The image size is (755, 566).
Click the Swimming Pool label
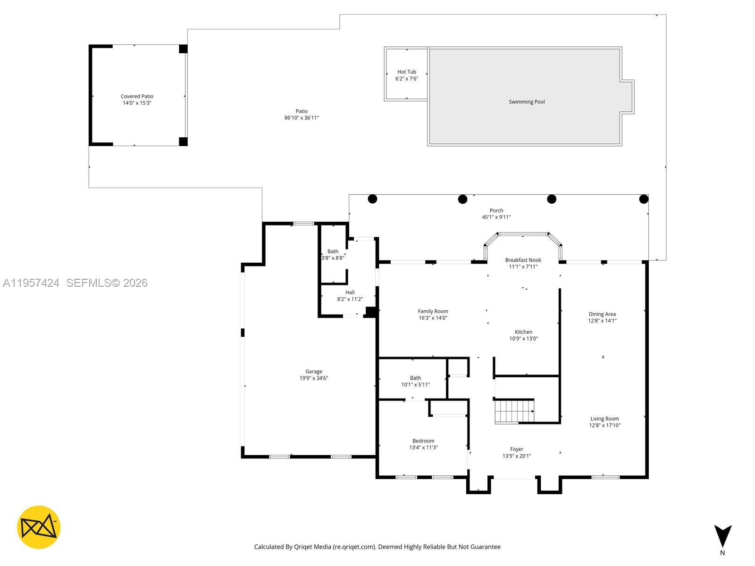[527, 102]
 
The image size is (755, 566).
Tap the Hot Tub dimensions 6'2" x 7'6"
[407, 79]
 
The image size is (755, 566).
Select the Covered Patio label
[137, 96]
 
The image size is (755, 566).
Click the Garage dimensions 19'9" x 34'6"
[314, 378]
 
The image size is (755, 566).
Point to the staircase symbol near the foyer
[514, 411]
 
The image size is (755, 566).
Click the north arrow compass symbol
[722, 537]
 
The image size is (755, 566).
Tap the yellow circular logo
[39, 527]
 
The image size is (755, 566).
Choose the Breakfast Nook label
[523, 260]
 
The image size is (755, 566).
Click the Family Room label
[433, 311]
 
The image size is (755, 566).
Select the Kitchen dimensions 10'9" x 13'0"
[523, 339]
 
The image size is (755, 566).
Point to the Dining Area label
[602, 314]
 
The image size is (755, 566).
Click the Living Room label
[604, 419]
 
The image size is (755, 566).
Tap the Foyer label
[517, 449]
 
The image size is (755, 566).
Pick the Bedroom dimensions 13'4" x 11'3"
[423, 448]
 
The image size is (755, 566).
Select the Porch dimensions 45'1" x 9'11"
[496, 217]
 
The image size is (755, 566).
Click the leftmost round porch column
[372, 199]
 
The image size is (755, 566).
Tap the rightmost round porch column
[644, 199]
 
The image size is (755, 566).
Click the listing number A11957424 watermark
[31, 283]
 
